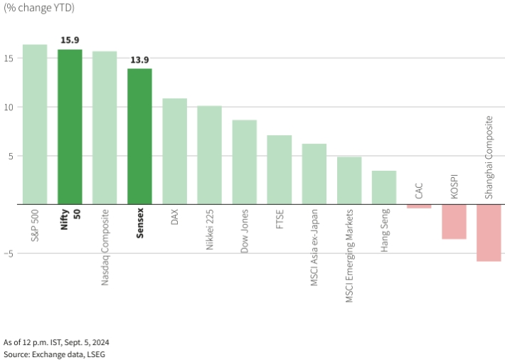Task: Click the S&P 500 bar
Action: [x=35, y=125]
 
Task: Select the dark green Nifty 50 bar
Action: [x=70, y=127]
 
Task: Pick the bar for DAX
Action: [x=174, y=152]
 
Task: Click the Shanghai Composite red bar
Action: [x=489, y=233]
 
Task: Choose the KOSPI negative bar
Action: [x=454, y=221]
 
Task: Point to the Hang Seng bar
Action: [x=384, y=188]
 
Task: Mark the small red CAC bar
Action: [x=419, y=206]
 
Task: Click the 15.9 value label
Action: [x=70, y=41]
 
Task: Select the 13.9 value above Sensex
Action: [x=139, y=60]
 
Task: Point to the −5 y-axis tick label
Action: [x=9, y=253]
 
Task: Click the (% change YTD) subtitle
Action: [x=39, y=8]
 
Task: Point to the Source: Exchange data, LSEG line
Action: [x=55, y=354]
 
